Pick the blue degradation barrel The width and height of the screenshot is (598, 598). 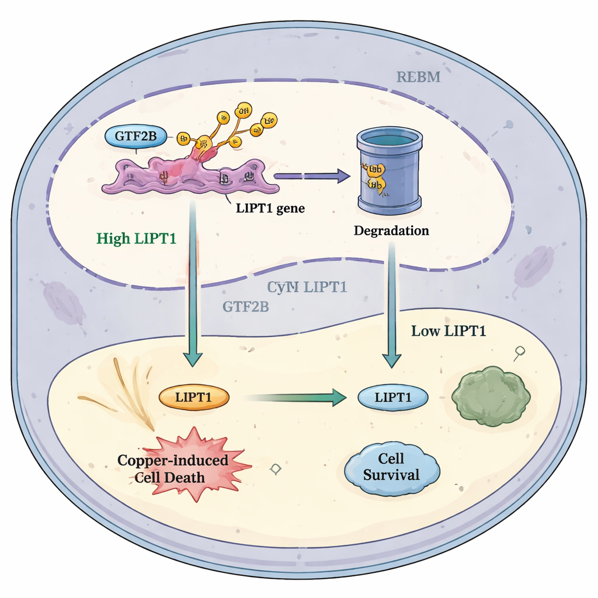coord(390,171)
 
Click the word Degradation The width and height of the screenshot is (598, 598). coord(391,231)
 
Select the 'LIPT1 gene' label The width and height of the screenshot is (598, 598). coord(270,208)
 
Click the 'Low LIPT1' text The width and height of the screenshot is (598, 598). coord(448,331)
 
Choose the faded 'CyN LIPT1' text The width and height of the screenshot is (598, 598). coord(308,287)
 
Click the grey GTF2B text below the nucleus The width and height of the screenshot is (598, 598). coord(246,306)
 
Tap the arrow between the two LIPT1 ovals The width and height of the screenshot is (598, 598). coord(292,398)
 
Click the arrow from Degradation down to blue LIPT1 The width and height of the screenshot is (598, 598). coord(392,304)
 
